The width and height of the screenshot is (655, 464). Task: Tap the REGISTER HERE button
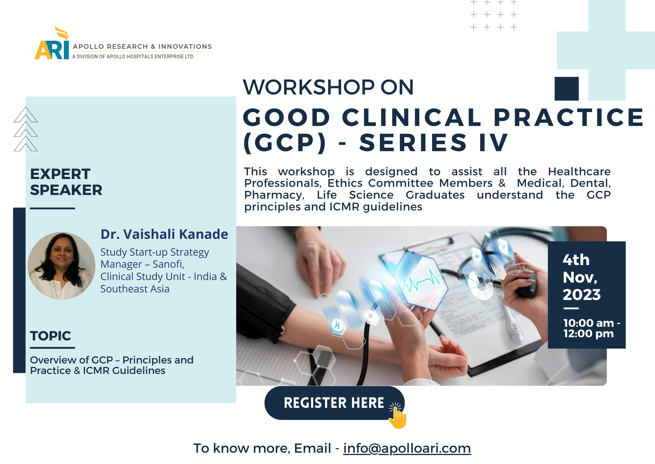pos(334,403)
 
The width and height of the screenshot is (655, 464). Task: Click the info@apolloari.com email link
pos(407,448)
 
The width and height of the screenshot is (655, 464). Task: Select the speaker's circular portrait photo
pos(62,266)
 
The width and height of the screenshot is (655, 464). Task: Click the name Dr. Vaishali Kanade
pos(164,234)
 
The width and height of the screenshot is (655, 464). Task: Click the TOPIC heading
pos(51,336)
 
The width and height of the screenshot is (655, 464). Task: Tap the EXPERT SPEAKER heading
pos(66,182)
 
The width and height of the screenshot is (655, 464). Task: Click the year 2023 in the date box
pos(582,294)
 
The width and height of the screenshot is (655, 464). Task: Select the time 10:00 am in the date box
pos(588,323)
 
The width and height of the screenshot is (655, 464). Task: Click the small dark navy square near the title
pos(566,88)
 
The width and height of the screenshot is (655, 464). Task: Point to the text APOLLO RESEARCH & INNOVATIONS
pos(142,46)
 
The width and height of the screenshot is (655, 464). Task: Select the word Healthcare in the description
pos(579,171)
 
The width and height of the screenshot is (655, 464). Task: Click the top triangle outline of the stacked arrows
pos(26,115)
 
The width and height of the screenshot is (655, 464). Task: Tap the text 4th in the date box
pos(576,260)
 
